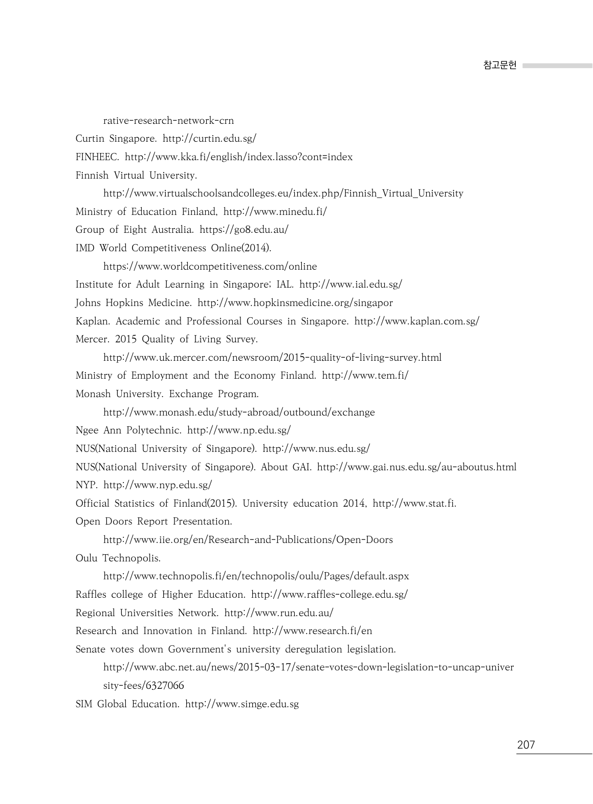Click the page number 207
[525, 745]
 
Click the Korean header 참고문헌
[499, 66]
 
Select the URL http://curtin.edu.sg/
[209, 139]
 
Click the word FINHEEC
[97, 157]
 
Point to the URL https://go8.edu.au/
[244, 230]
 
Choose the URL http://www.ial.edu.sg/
[350, 285]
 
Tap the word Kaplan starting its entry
[93, 321]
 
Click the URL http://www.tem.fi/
[365, 376]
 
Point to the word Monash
[93, 394]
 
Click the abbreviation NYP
[86, 485]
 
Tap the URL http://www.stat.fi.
[414, 504]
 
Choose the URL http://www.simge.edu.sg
[241, 704]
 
